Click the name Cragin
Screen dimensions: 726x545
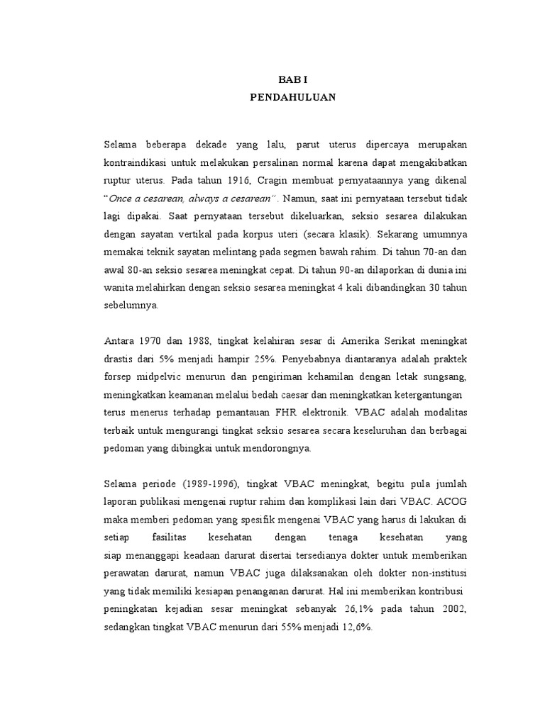279,178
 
